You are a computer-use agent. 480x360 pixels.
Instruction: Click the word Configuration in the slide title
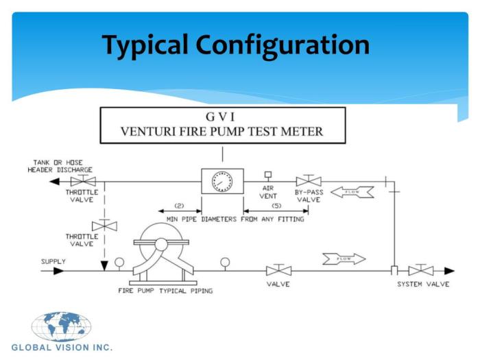point(283,45)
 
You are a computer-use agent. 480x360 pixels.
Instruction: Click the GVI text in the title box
point(220,117)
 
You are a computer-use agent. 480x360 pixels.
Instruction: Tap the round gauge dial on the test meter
point(222,182)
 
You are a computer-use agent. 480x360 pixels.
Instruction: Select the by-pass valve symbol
point(309,180)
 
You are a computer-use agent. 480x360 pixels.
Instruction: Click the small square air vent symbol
point(268,174)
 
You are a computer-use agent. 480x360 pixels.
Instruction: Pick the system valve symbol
point(421,269)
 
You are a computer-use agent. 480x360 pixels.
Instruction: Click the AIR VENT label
point(268,192)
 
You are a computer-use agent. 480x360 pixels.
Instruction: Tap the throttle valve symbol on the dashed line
point(104,226)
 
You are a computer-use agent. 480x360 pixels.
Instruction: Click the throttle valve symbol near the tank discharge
point(83,180)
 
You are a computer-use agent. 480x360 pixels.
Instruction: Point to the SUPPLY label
point(53,261)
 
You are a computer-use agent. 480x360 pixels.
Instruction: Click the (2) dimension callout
point(179,206)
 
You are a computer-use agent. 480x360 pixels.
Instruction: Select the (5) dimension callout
point(276,206)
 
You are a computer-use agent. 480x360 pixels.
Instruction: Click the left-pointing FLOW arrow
point(352,192)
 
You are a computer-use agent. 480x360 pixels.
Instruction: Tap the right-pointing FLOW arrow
point(344,259)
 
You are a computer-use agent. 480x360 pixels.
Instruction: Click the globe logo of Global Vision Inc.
point(61,326)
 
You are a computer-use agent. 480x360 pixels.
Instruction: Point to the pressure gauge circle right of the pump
point(225,263)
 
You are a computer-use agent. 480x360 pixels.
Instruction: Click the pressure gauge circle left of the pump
point(119,263)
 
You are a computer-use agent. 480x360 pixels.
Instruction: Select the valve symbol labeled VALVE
point(278,269)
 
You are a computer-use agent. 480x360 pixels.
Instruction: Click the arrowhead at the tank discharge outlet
point(54,182)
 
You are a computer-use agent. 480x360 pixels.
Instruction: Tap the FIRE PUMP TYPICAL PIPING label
point(165,291)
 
